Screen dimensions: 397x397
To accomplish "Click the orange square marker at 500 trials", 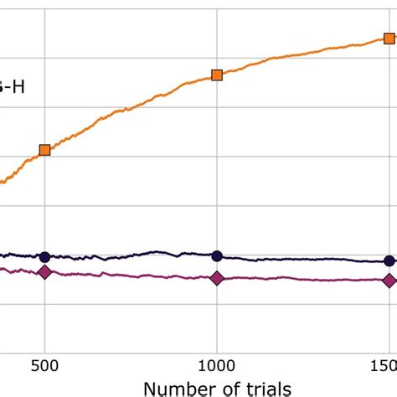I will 44,150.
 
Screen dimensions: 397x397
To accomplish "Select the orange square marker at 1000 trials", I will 217,75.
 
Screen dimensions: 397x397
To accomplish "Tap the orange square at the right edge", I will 389,39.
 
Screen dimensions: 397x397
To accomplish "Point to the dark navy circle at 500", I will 44,256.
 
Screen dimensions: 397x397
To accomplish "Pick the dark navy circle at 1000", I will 217,256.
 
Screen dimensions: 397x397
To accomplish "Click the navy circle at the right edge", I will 389,260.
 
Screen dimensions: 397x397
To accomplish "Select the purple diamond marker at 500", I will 44,272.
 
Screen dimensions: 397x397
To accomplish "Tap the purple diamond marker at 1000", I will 217,278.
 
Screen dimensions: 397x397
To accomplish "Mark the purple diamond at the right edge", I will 389,281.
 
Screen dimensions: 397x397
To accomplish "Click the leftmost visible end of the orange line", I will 2,182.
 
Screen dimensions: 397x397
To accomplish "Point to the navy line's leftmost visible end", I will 2,255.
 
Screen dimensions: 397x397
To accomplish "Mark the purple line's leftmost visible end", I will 2,269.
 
